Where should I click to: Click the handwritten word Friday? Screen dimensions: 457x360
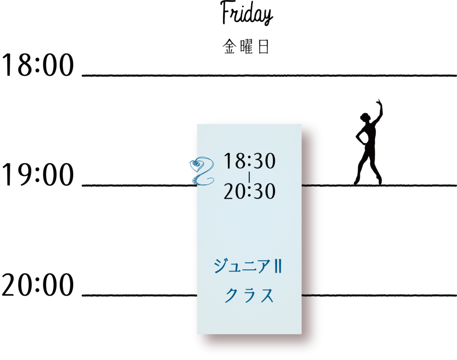coord(246,13)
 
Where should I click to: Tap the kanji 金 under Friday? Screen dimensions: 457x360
coord(229,47)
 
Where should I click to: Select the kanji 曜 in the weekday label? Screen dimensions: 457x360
coord(246,47)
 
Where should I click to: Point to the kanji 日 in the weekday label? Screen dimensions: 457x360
coord(263,47)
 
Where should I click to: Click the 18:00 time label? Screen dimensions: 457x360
coord(37,64)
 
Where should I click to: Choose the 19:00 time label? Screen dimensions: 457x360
coord(37,175)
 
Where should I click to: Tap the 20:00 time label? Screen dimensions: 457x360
coord(37,285)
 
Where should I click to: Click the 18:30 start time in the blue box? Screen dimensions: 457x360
coord(249,161)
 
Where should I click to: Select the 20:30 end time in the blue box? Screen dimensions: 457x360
coord(249,191)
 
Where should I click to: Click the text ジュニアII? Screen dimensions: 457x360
coord(248,266)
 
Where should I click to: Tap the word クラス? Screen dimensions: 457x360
coord(249,295)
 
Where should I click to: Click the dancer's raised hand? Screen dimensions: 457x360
coord(379,102)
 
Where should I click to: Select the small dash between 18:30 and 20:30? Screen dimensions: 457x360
coord(249,176)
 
